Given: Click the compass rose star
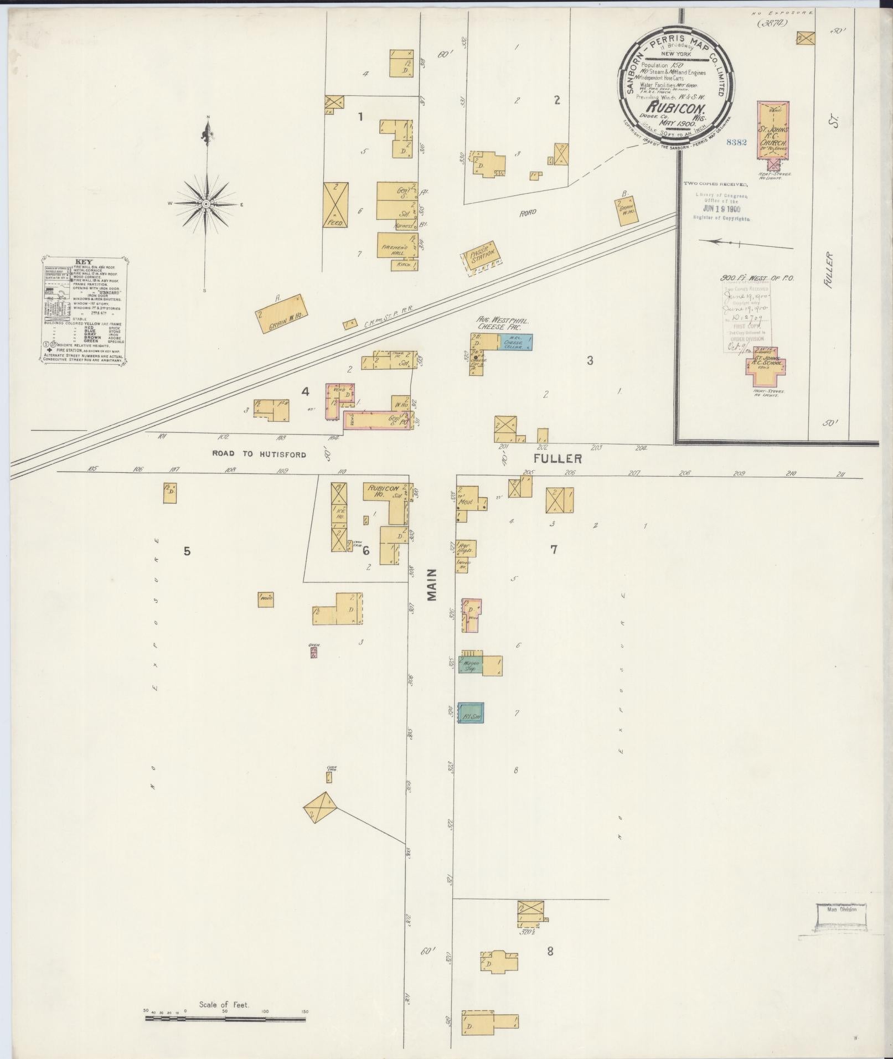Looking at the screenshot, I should (x=205, y=204).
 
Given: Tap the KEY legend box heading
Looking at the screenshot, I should (x=85, y=262).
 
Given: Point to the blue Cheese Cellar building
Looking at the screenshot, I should (x=515, y=343).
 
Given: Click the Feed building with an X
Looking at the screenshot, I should (x=335, y=204).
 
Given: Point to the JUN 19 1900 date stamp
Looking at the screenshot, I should (x=722, y=209).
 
